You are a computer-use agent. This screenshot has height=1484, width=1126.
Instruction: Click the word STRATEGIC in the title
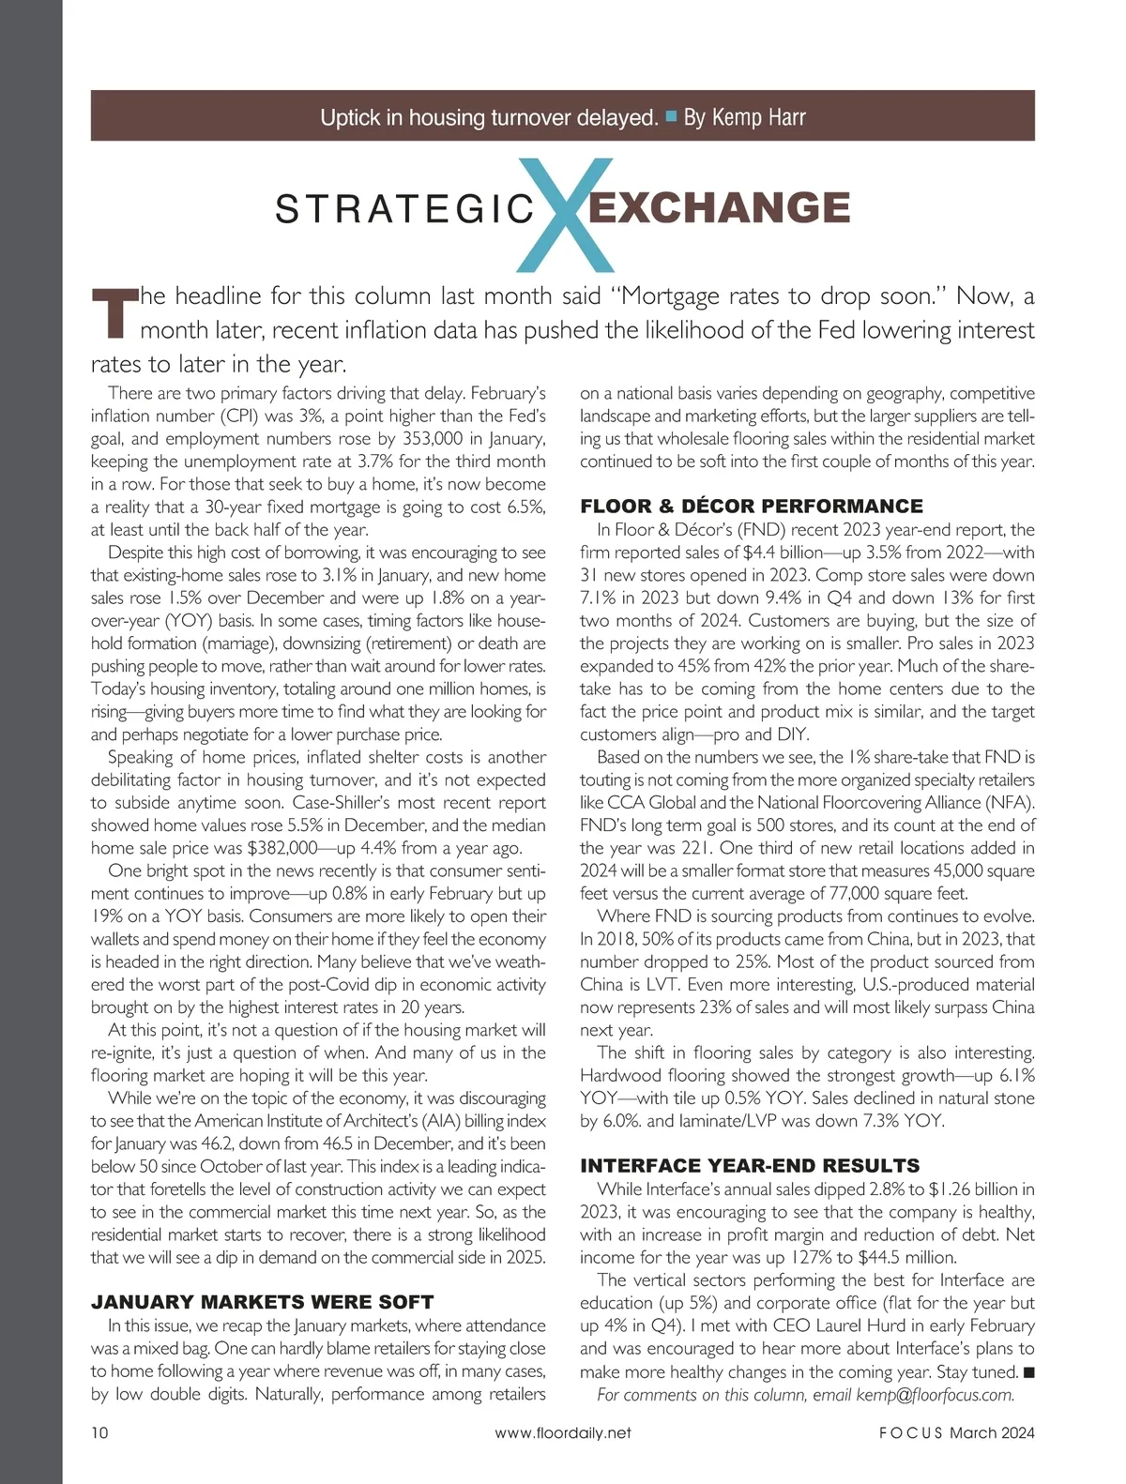click(x=404, y=209)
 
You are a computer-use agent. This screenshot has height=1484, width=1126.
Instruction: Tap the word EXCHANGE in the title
click(x=719, y=207)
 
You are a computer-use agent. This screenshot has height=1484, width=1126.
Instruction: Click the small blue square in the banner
click(x=671, y=116)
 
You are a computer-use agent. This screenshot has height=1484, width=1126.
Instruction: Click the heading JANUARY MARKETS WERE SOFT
click(x=262, y=1302)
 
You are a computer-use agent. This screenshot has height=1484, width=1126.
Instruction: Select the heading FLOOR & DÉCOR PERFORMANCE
click(x=752, y=507)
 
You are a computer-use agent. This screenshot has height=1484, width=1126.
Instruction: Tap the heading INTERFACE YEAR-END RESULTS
click(x=750, y=1166)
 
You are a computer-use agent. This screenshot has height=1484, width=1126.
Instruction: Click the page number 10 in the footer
click(x=100, y=1432)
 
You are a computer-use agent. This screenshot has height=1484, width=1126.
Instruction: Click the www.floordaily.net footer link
click(x=563, y=1432)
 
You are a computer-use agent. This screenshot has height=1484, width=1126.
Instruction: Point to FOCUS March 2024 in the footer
click(x=956, y=1432)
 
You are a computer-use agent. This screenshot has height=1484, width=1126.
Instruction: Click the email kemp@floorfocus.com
click(x=935, y=1394)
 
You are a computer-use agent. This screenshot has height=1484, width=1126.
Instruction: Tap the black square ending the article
click(x=1028, y=1372)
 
